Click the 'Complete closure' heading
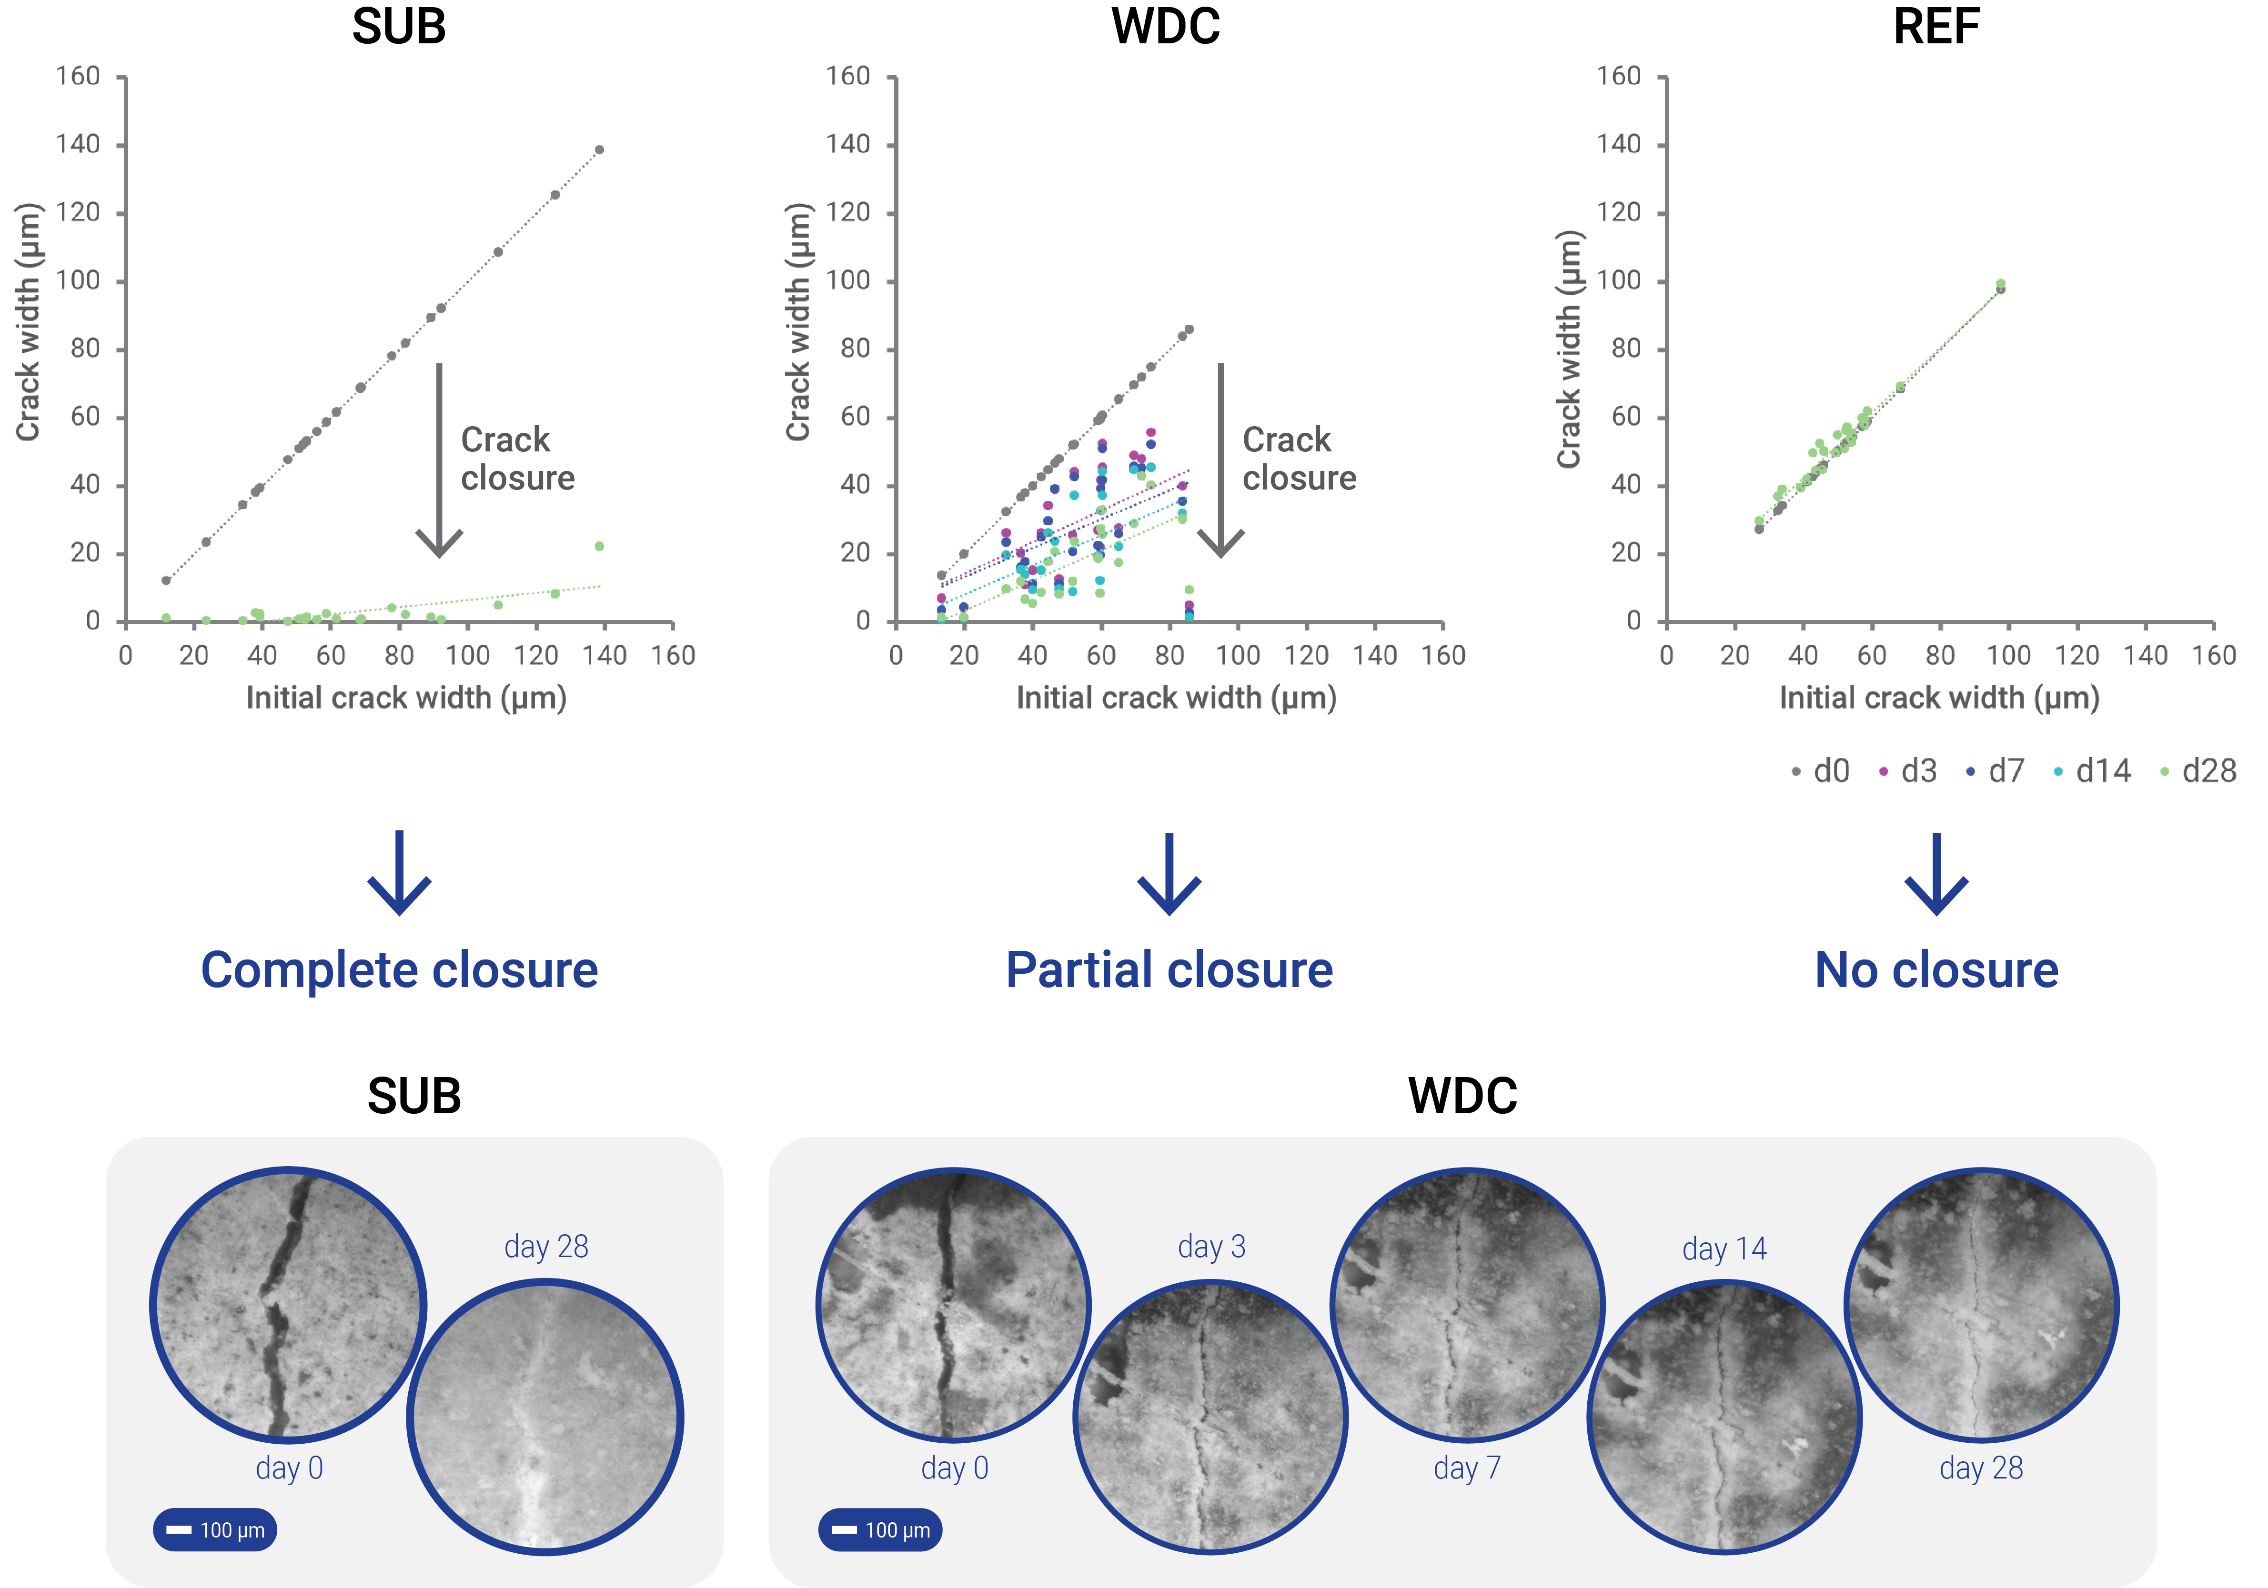[399, 970]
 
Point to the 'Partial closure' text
[1169, 970]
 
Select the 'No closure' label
[1936, 970]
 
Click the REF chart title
[1936, 27]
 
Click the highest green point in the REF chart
[2000, 283]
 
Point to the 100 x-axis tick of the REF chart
[2008, 656]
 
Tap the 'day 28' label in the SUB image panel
[546, 1246]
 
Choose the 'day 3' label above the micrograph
[1211, 1246]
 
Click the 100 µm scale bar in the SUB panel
[215, 1530]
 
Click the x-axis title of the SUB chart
[406, 698]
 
